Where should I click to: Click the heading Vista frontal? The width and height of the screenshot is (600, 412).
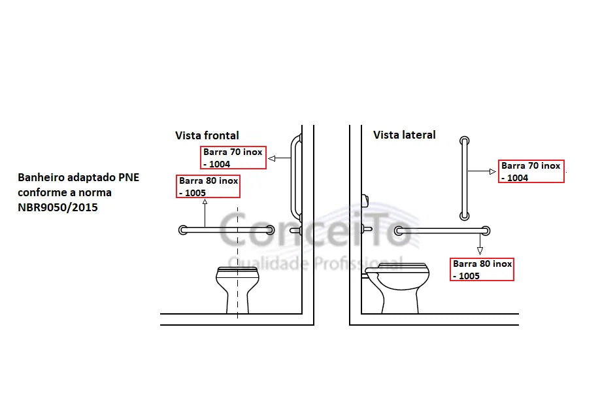coord(207,135)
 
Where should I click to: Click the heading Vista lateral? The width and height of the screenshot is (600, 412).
coord(405,135)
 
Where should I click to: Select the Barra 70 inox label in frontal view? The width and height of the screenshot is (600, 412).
coord(233,158)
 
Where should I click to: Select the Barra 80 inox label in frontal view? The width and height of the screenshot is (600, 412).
coord(208,186)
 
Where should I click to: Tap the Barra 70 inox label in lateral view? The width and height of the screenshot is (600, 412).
coord(531,171)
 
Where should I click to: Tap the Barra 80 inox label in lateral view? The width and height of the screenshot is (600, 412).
coord(482,269)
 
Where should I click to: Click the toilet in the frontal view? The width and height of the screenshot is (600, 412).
coord(237,290)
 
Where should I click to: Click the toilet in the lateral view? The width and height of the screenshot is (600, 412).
coord(396,288)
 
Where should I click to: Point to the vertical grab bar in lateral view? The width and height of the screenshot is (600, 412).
coord(465,179)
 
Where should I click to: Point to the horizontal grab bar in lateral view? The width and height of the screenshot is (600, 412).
coord(442,230)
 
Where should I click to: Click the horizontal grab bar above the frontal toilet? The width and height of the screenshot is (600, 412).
coord(227,230)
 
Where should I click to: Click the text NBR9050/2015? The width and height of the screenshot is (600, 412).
coord(58,207)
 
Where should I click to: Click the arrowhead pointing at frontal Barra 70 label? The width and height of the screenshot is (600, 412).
coord(272,158)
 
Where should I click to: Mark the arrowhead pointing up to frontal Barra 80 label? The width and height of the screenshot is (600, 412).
coord(205,201)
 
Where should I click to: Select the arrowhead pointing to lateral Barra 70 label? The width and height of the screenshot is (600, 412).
coord(493,171)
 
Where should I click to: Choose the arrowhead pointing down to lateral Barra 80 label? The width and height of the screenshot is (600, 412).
coord(480,251)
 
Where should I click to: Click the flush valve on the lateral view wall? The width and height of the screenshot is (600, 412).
coord(365,200)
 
